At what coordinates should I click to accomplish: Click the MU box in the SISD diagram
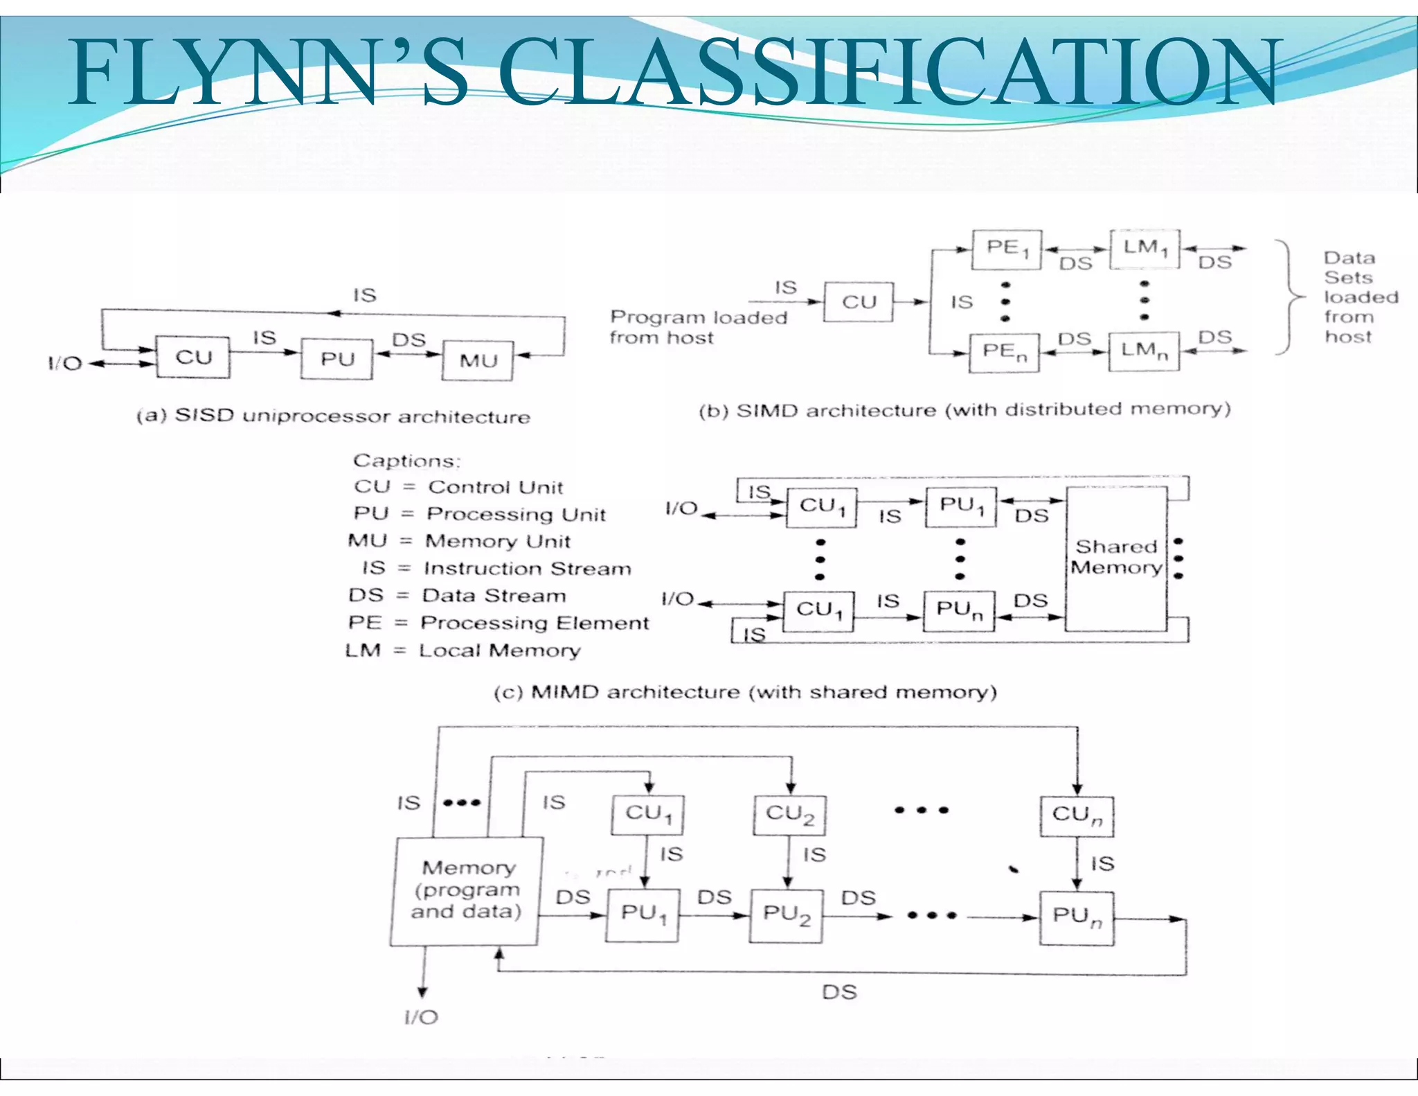(x=478, y=360)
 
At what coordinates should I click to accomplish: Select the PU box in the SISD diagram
(x=336, y=359)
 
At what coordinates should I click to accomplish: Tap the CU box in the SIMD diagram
(x=859, y=302)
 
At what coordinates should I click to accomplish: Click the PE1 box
(x=1006, y=249)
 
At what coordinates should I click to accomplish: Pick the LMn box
(x=1144, y=352)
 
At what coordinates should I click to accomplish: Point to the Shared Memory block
(x=1116, y=558)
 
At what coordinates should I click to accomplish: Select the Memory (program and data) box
(x=466, y=890)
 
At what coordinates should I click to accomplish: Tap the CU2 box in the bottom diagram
(x=789, y=815)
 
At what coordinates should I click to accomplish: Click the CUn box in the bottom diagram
(x=1077, y=815)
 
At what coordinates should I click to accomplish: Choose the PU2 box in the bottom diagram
(x=787, y=916)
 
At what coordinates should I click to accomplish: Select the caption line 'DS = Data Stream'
(x=457, y=596)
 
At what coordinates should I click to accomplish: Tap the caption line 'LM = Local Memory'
(x=463, y=651)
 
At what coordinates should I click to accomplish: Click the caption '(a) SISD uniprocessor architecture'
(x=333, y=416)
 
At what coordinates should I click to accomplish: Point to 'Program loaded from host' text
(x=698, y=327)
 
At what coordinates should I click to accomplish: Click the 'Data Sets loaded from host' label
(x=1360, y=297)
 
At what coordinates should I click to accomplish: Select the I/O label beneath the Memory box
(x=421, y=1017)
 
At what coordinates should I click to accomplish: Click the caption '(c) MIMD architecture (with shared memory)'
(x=745, y=692)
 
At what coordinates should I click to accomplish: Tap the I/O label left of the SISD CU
(x=64, y=364)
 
